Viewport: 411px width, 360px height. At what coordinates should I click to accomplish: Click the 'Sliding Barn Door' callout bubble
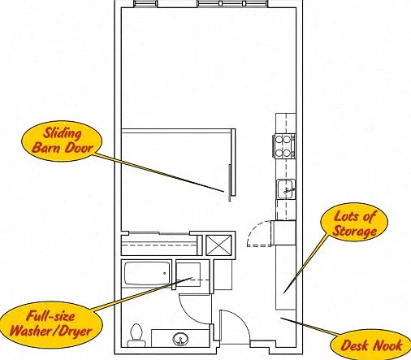tap(62, 141)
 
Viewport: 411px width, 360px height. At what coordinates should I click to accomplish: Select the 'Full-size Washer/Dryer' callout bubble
tap(51, 324)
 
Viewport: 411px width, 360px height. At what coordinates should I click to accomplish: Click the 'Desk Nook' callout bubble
tap(371, 345)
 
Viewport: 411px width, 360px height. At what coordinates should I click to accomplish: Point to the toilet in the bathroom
tap(136, 335)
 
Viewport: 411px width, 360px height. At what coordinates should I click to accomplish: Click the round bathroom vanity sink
tap(180, 339)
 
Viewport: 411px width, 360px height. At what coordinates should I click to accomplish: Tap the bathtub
tap(147, 273)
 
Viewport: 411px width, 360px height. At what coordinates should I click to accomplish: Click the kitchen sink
tap(286, 189)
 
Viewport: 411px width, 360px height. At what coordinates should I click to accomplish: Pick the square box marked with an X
tap(218, 245)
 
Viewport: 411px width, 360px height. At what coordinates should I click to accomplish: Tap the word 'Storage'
tap(354, 231)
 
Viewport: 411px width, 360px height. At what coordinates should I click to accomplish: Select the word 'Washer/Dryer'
tap(51, 332)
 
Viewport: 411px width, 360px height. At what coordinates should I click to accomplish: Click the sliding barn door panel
tap(230, 183)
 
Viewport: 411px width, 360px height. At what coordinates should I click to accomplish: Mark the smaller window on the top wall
tap(145, 3)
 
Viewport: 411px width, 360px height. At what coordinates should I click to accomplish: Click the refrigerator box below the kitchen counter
tap(283, 233)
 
